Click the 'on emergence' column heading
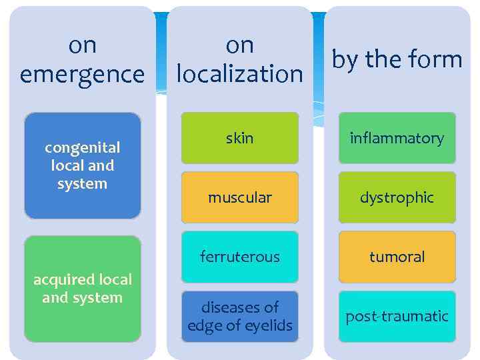coord(82,59)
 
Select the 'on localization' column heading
coord(239,59)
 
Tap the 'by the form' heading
coord(397,59)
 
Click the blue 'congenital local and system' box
coord(83,165)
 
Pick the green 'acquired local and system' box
coord(83,289)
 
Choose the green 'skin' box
coord(240,138)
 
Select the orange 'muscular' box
coord(240,197)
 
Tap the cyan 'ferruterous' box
coord(240,257)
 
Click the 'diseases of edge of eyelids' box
coord(240,317)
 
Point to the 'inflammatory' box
coord(397,138)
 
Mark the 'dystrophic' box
coord(397,197)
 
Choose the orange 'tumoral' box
coord(397,257)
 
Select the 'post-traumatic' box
coord(397,317)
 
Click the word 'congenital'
coord(83,147)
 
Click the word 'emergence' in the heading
coord(82,74)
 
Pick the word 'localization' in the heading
coord(239,74)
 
